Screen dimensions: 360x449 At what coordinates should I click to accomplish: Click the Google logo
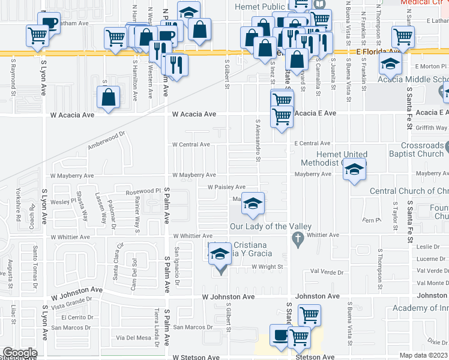[x=20, y=353]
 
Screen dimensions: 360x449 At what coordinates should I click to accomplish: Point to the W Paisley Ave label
[x=226, y=187]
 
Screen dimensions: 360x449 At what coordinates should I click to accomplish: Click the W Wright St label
[x=267, y=266]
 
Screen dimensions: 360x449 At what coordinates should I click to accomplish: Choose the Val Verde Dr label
[x=327, y=271]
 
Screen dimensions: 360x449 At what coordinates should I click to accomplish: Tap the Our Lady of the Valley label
[x=270, y=226]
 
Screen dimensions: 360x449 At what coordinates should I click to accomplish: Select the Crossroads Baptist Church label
[x=414, y=149]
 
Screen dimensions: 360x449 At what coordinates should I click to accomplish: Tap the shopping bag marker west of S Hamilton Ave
[x=109, y=98]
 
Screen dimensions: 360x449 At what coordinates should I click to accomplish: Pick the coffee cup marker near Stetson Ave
[x=280, y=335]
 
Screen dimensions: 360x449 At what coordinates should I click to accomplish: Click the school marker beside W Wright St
[x=220, y=255]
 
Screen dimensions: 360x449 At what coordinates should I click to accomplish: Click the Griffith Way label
[x=431, y=127]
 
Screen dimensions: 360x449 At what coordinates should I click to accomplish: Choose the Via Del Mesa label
[x=134, y=337]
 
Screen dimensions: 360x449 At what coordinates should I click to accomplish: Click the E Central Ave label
[x=312, y=143]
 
